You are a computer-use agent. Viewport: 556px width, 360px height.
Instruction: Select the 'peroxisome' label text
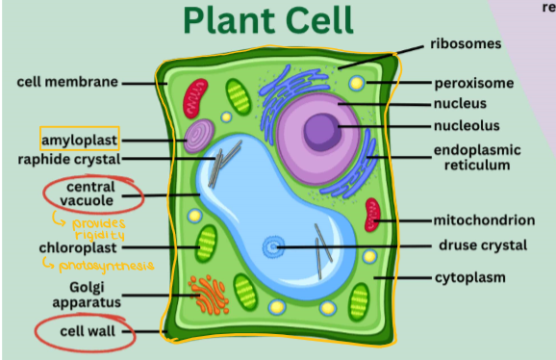[x=473, y=83]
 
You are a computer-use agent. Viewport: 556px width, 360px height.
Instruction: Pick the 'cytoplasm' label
[x=468, y=278]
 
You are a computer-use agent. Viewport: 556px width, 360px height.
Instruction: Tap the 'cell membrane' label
[x=67, y=82]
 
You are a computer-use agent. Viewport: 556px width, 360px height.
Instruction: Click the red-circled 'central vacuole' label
[x=91, y=193]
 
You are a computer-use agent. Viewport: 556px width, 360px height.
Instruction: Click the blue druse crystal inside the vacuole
[x=274, y=247]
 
